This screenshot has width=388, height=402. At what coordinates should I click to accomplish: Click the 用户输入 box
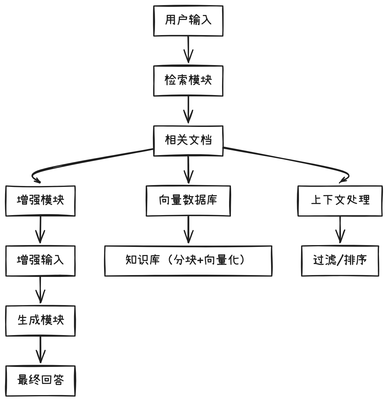(x=188, y=21)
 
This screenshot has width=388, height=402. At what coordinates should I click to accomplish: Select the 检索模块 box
(x=188, y=81)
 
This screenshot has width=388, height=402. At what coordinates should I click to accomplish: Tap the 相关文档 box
(x=188, y=141)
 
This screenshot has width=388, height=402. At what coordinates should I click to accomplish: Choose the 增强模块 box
(x=40, y=201)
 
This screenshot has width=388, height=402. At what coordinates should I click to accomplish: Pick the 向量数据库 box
(x=188, y=201)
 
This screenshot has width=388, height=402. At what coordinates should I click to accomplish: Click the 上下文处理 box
(x=340, y=201)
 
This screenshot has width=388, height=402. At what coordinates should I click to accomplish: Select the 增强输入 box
(x=40, y=261)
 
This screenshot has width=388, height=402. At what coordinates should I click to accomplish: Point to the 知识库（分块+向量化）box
(x=188, y=261)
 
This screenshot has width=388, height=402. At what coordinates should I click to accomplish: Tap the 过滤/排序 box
(x=340, y=261)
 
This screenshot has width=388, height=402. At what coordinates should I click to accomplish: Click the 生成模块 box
(x=40, y=321)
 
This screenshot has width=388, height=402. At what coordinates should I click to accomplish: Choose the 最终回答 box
(x=40, y=381)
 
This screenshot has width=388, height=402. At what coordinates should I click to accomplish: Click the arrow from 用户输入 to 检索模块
(x=188, y=49)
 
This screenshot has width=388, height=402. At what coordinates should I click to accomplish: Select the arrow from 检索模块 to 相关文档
(x=188, y=109)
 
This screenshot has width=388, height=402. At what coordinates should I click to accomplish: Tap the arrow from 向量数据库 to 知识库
(x=188, y=229)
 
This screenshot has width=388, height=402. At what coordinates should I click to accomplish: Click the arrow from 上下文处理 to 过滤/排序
(x=340, y=229)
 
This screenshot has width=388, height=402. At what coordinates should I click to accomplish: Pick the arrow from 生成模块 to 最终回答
(x=40, y=349)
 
